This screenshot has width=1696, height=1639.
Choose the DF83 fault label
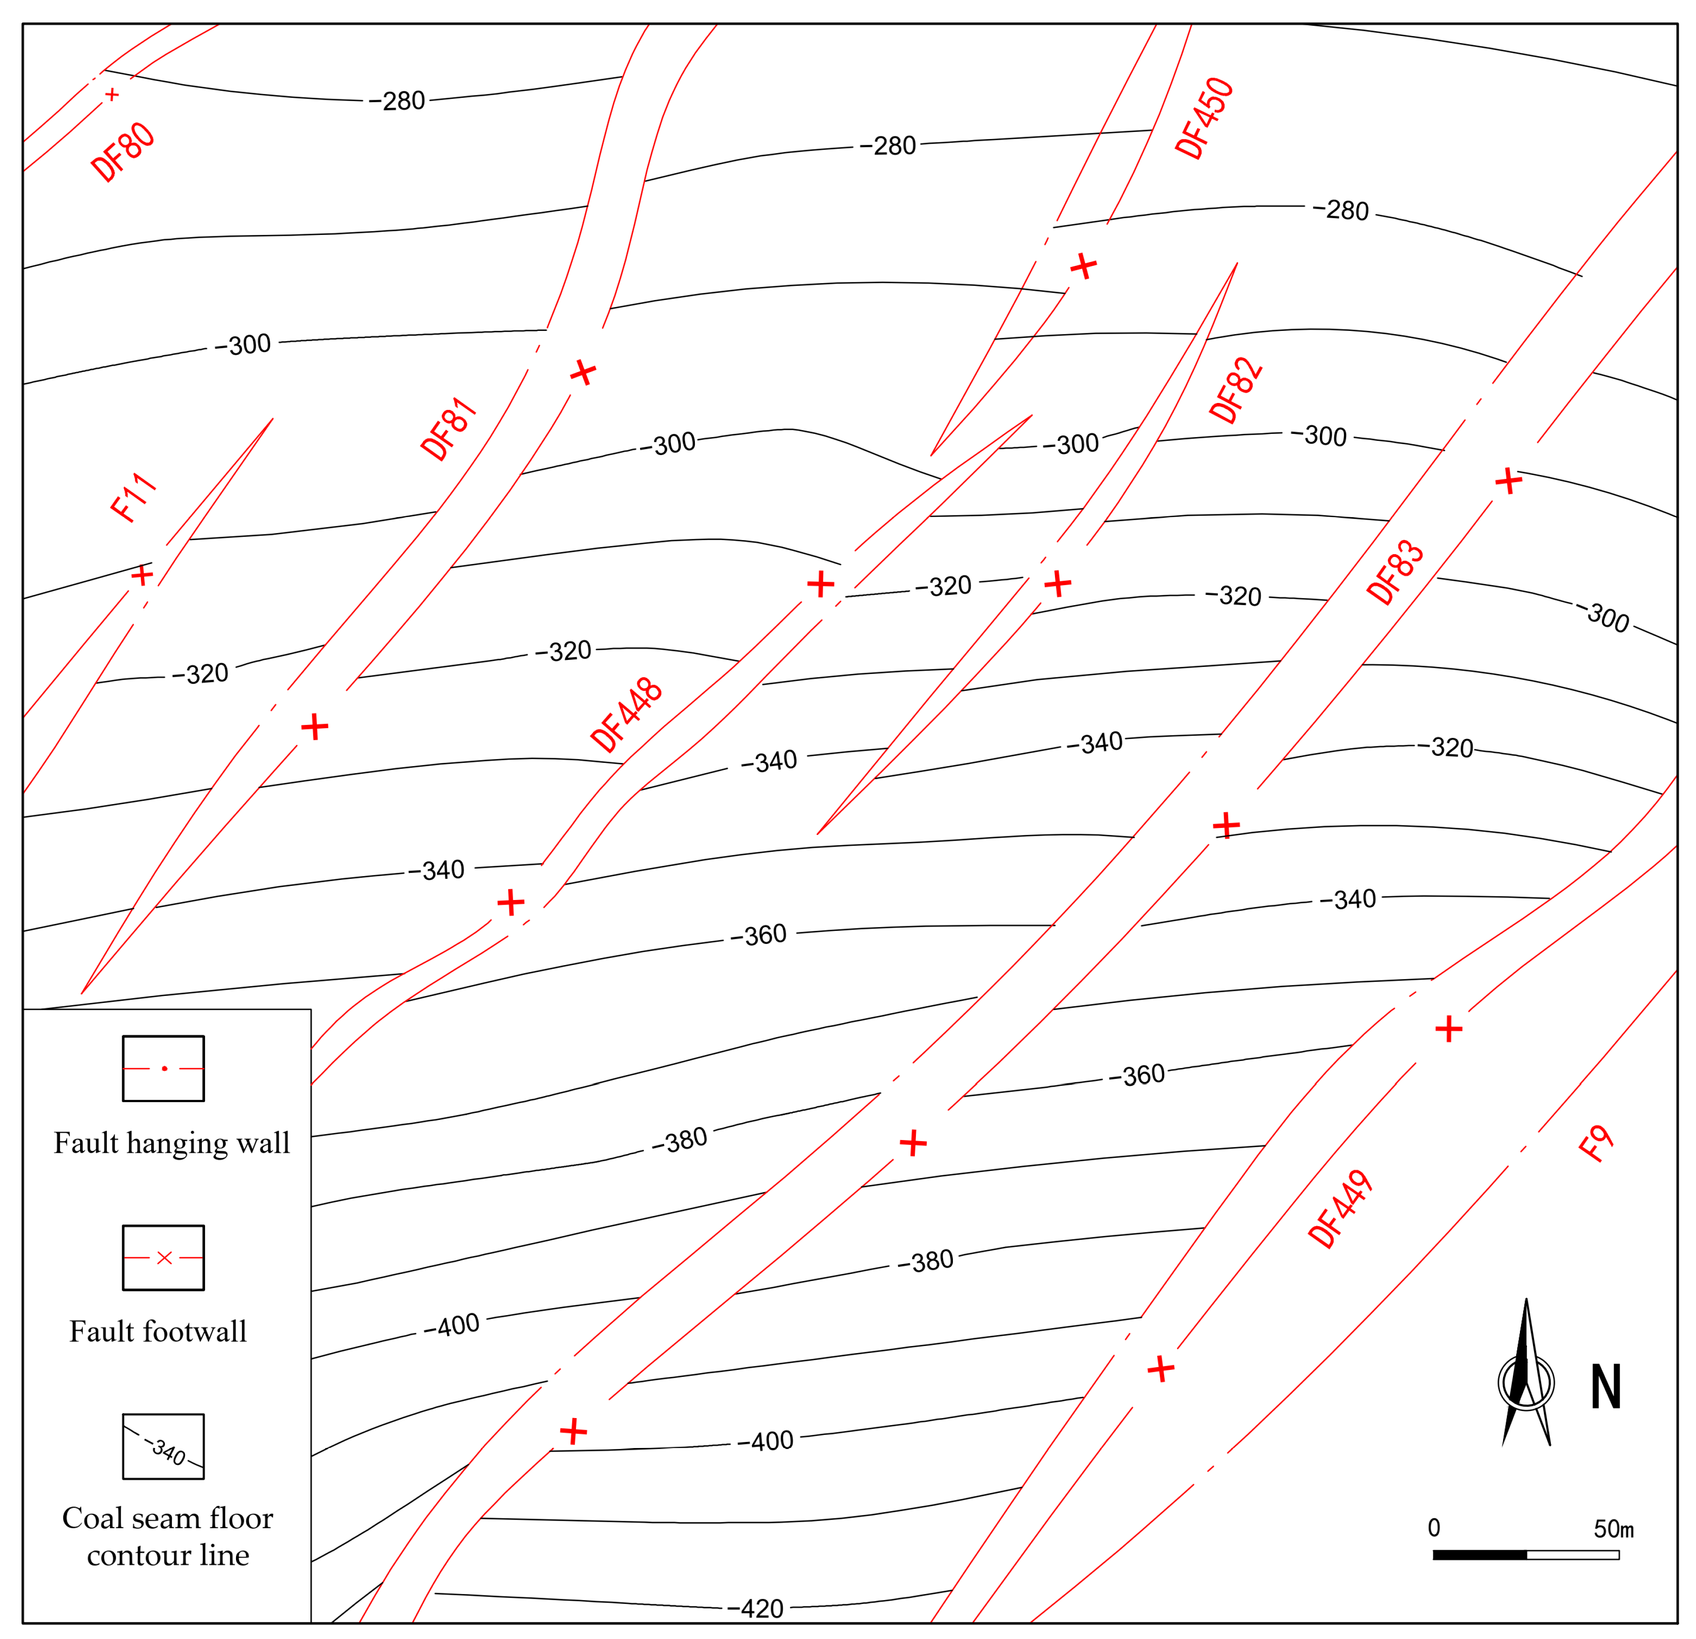(x=1395, y=572)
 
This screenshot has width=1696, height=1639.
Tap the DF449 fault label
(x=1340, y=1209)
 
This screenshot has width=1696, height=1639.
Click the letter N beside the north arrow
(x=1605, y=1386)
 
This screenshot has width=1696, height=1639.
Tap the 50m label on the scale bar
(x=1614, y=1528)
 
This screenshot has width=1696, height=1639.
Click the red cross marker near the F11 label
(x=142, y=575)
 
